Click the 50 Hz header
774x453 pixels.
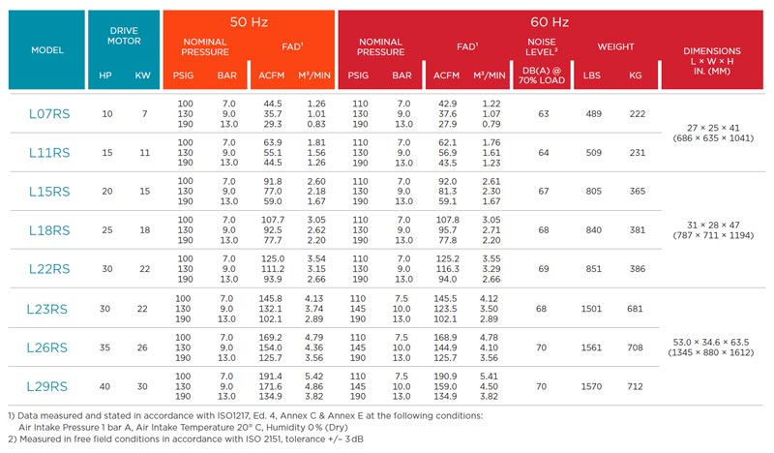[x=249, y=20]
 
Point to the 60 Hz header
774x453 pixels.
[x=554, y=20]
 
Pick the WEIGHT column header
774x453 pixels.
[x=615, y=46]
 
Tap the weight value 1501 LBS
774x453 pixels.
[x=592, y=309]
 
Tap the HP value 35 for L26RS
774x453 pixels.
[x=106, y=347]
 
